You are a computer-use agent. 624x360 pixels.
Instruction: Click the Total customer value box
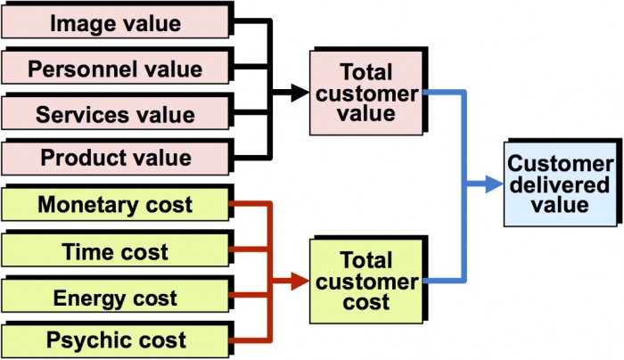365,93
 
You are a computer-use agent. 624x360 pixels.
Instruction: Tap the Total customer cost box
365,281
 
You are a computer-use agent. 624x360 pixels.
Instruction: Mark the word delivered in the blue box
559,184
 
